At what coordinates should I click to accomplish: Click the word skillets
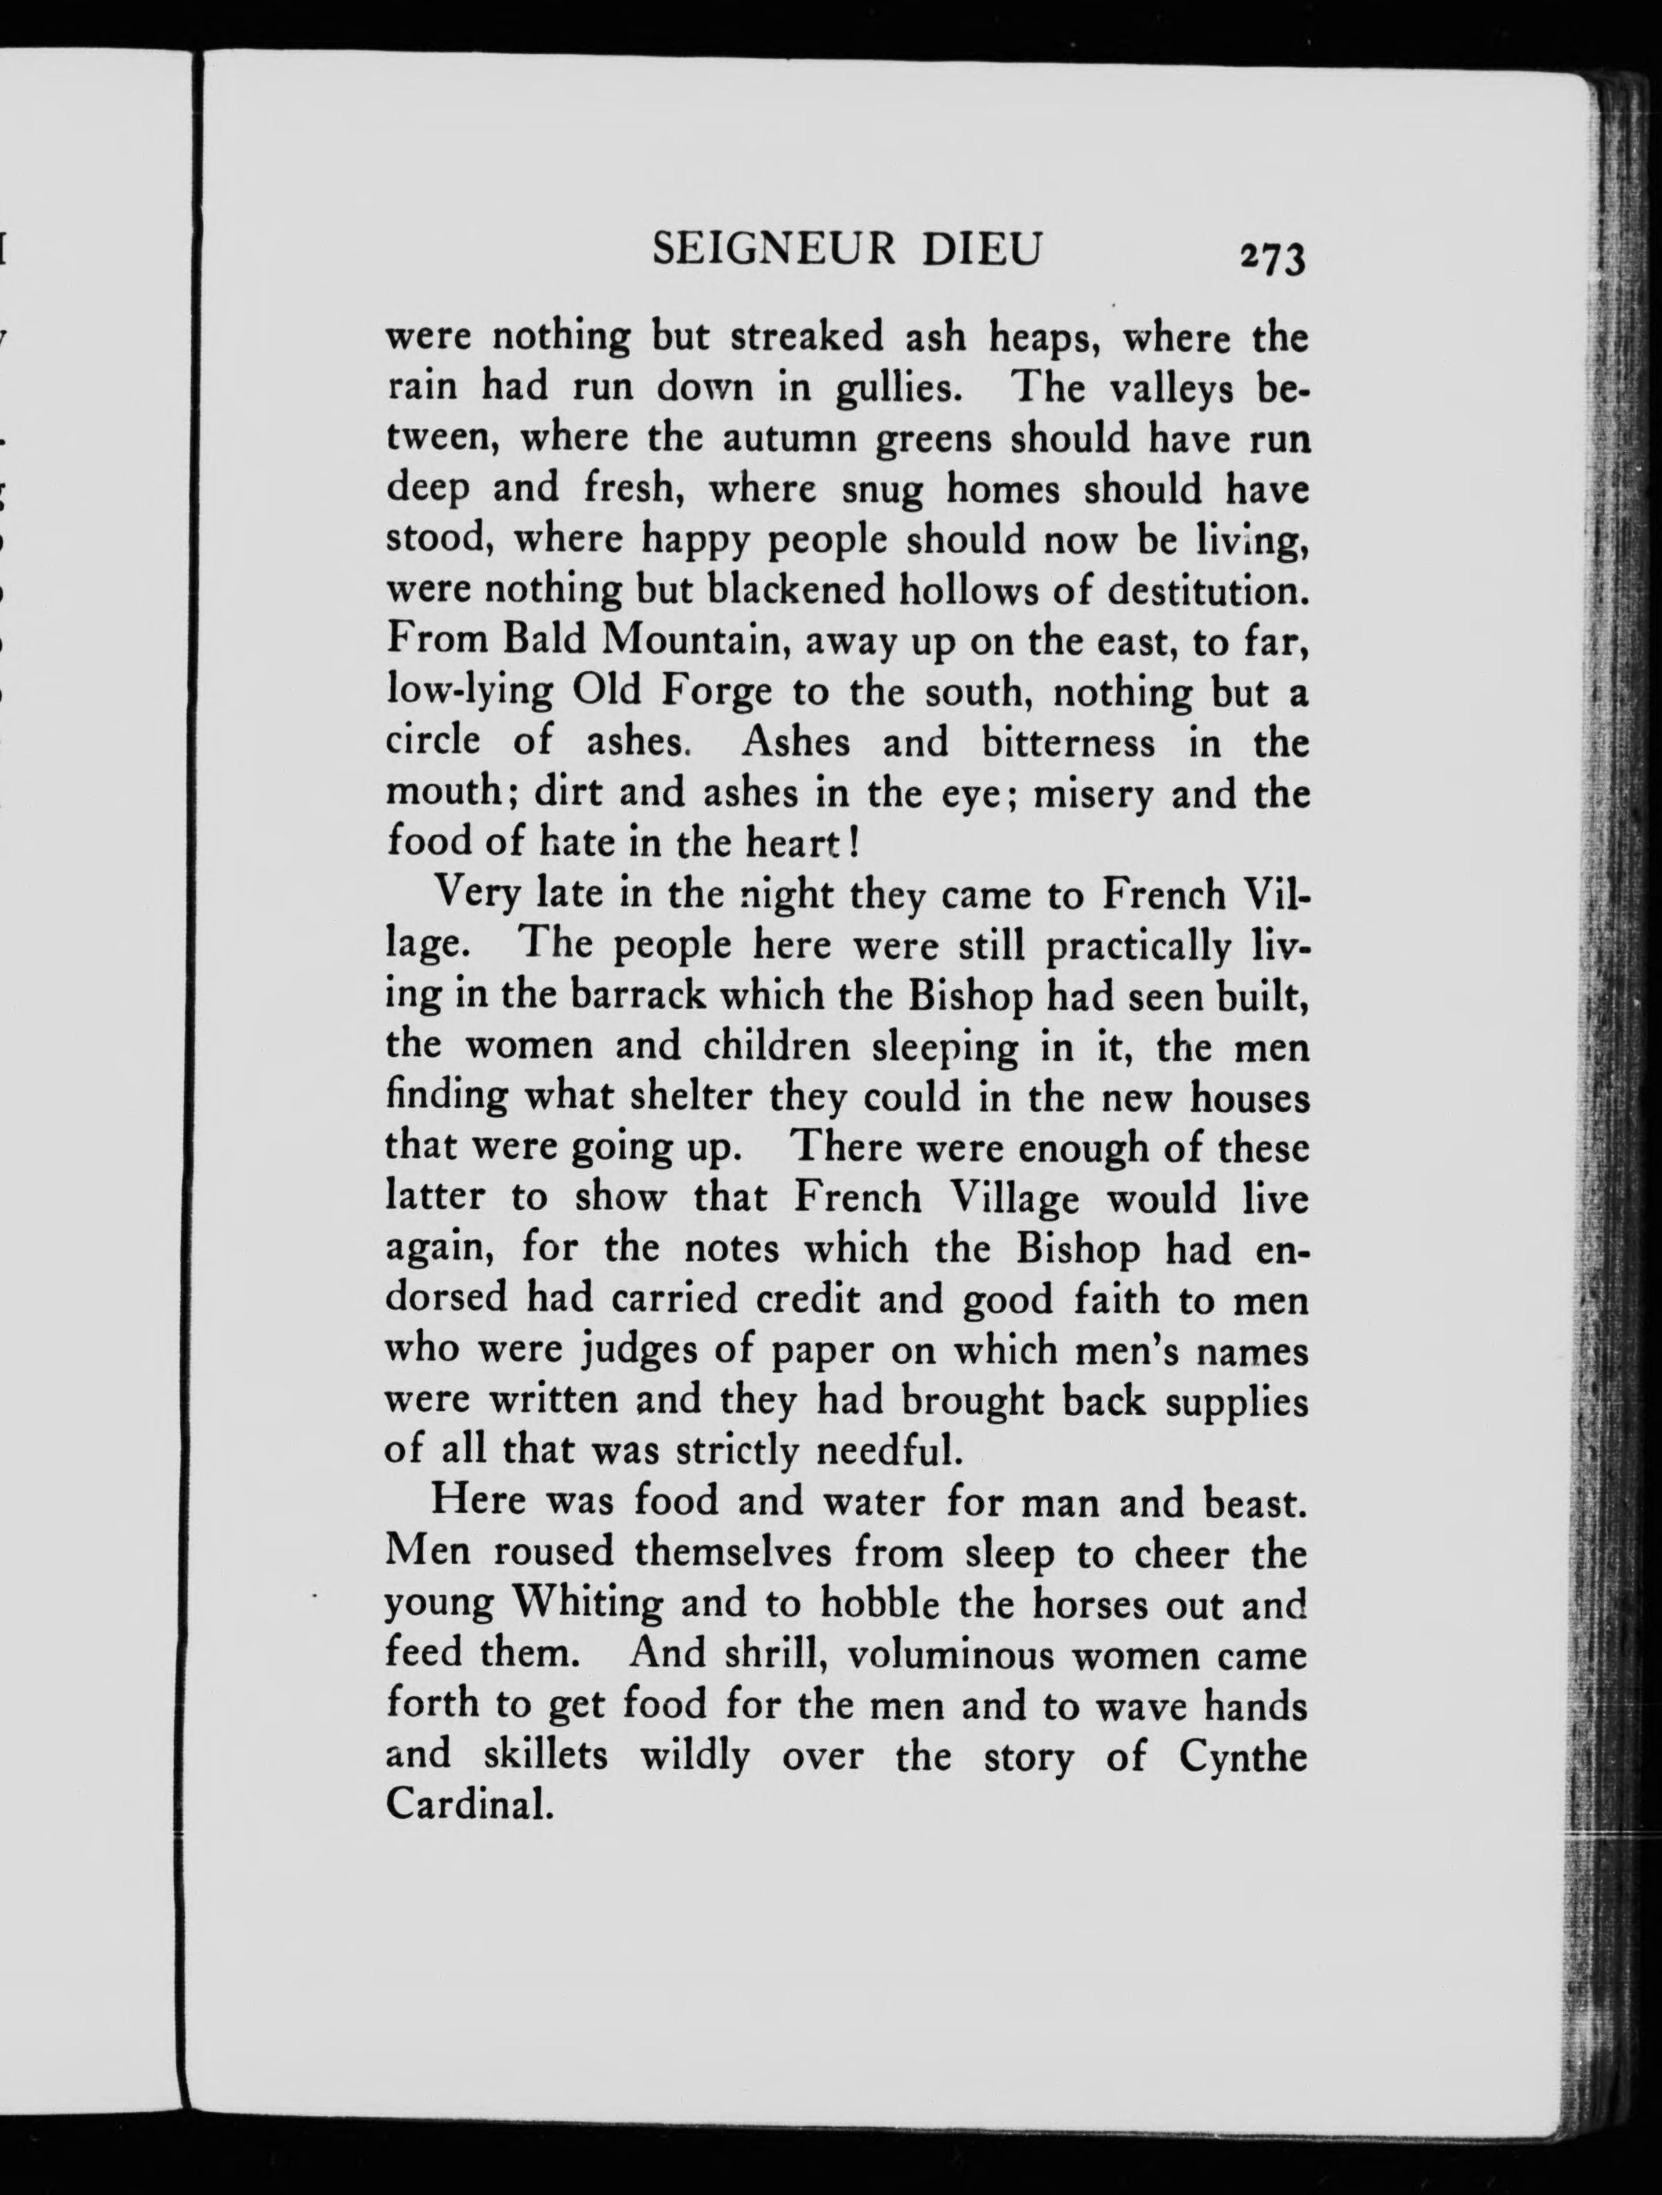(546, 1756)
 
